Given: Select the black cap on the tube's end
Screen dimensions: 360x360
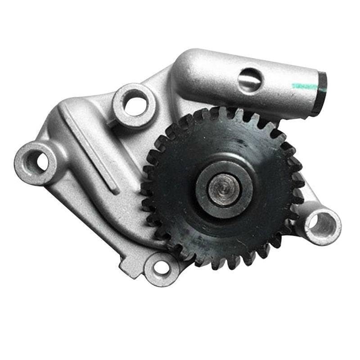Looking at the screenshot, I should [320, 92].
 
